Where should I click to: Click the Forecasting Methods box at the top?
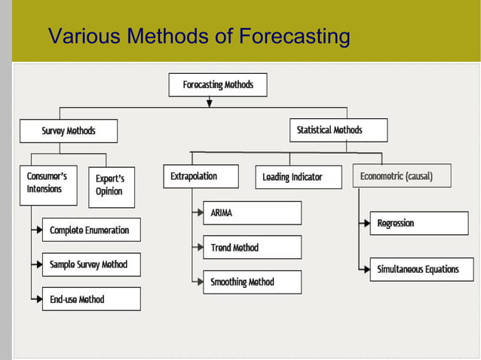click(x=218, y=85)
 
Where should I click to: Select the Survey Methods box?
click(x=69, y=131)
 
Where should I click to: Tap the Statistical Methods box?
click(x=339, y=130)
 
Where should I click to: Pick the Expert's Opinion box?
click(x=112, y=187)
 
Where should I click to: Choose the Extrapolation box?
click(x=201, y=176)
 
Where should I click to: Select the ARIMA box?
click(x=252, y=213)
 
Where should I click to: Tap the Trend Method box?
click(x=252, y=248)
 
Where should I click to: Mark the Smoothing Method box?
click(x=252, y=282)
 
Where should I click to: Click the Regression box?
click(x=418, y=224)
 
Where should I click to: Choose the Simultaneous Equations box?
click(x=418, y=270)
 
